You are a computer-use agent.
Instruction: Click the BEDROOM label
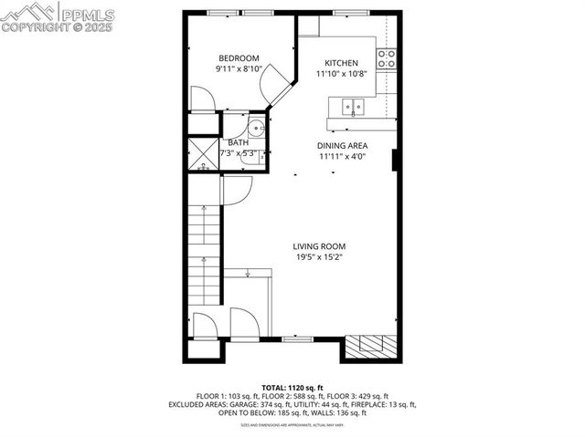pyautogui.click(x=239, y=57)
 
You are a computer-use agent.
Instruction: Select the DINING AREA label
pyautogui.click(x=343, y=145)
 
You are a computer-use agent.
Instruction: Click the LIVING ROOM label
pyautogui.click(x=320, y=246)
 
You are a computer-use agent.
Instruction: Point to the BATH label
pyautogui.click(x=238, y=142)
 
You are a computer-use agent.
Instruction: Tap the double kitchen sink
pyautogui.click(x=351, y=109)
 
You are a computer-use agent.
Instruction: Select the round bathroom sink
pyautogui.click(x=256, y=127)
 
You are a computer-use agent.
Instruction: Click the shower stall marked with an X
pyautogui.click(x=201, y=152)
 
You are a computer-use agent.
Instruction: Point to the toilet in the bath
pyautogui.click(x=261, y=156)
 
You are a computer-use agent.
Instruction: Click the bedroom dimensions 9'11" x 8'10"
pyautogui.click(x=239, y=68)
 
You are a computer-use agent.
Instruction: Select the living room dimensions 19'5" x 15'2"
pyautogui.click(x=320, y=257)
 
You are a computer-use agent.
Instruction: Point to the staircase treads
pyautogui.click(x=204, y=255)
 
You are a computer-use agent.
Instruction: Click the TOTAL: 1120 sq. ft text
pyautogui.click(x=292, y=388)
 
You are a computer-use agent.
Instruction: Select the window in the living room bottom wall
pyautogui.click(x=295, y=338)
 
